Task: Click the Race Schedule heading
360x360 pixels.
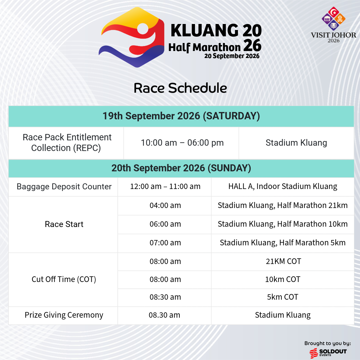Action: click(180, 88)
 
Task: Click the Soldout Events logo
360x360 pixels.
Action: click(328, 353)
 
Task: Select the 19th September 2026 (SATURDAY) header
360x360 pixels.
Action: click(181, 116)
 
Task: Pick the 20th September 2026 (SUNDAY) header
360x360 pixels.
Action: click(181, 168)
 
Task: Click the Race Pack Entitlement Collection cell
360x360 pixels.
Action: click(67, 143)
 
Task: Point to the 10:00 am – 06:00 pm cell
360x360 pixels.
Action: click(182, 143)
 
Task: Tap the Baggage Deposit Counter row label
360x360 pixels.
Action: click(64, 187)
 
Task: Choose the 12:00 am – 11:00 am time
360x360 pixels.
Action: click(165, 187)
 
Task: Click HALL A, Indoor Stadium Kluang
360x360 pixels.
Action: click(283, 187)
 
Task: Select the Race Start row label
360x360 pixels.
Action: click(64, 224)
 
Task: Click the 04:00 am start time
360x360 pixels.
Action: click(165, 206)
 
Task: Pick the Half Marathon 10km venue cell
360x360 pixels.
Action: click(283, 224)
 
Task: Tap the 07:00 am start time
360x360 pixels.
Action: click(165, 243)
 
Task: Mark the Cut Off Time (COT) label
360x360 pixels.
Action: click(64, 279)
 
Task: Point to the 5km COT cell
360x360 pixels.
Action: click(283, 297)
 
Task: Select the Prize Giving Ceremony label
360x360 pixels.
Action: click(64, 315)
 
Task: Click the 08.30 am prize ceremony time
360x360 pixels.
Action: click(164, 315)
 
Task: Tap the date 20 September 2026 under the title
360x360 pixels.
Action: click(232, 56)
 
